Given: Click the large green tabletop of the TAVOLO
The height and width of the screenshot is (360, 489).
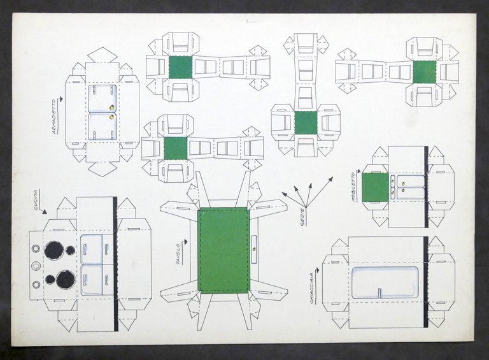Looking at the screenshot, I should point(223,250).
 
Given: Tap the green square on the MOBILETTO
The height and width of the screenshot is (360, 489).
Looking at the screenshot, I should point(375,187).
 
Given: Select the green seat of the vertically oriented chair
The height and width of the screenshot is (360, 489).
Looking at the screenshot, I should point(306,122).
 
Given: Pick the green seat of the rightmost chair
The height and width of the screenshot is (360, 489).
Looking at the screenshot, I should point(424,72).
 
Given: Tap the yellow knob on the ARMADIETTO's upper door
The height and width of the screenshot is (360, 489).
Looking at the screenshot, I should point(113,107).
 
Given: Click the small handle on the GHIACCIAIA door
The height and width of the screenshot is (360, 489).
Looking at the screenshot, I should point(379,293).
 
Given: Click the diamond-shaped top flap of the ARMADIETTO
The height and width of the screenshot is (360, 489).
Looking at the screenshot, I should point(103,55).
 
